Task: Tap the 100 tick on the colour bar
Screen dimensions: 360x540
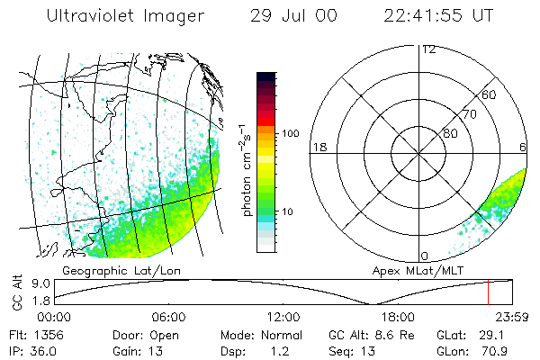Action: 289,133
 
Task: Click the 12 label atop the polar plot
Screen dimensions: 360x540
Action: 428,49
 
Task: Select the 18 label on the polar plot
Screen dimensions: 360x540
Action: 318,147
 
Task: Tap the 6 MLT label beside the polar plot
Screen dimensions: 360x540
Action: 523,147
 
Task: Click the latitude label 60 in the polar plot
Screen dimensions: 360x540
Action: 490,94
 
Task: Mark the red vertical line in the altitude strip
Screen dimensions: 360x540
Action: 488,292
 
